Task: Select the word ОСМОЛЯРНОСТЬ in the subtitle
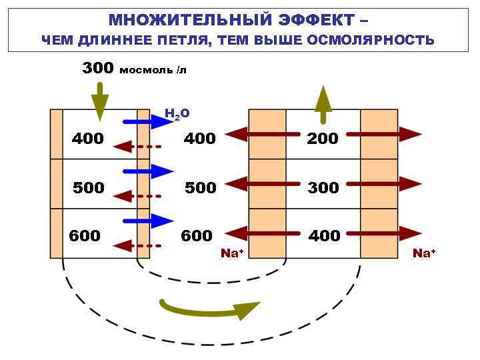(371, 41)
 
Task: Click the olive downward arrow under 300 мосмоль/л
(99, 101)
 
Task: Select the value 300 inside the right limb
(323, 188)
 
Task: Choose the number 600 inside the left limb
(86, 236)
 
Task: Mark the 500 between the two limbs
(200, 188)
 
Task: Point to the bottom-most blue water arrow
(148, 221)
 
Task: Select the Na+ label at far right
(423, 253)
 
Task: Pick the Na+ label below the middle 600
(232, 253)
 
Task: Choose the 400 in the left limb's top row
(88, 139)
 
